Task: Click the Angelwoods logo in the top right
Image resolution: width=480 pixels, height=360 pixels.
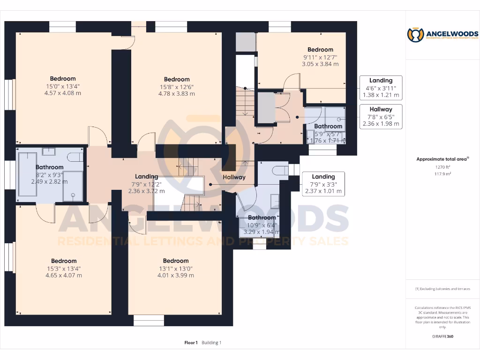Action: (442, 35)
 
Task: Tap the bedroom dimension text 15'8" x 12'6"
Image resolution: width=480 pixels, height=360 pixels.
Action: (176, 87)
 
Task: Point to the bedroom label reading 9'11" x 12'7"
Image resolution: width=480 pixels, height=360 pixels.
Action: (320, 57)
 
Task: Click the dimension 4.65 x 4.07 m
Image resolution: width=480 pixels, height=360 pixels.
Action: (64, 275)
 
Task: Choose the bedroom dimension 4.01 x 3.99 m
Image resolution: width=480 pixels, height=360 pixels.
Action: (176, 275)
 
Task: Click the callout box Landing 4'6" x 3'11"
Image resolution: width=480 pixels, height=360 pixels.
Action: (381, 88)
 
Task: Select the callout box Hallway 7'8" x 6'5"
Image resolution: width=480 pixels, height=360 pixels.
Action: (381, 117)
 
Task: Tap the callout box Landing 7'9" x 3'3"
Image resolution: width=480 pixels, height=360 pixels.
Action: (323, 184)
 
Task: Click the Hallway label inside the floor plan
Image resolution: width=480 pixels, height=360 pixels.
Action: (234, 177)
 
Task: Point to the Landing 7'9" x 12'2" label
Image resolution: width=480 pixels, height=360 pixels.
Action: (146, 184)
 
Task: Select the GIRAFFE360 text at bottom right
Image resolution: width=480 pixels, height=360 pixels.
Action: (442, 337)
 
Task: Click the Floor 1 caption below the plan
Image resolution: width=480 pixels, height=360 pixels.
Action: (191, 343)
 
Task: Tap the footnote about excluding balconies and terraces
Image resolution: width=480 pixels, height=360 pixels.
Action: (442, 289)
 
